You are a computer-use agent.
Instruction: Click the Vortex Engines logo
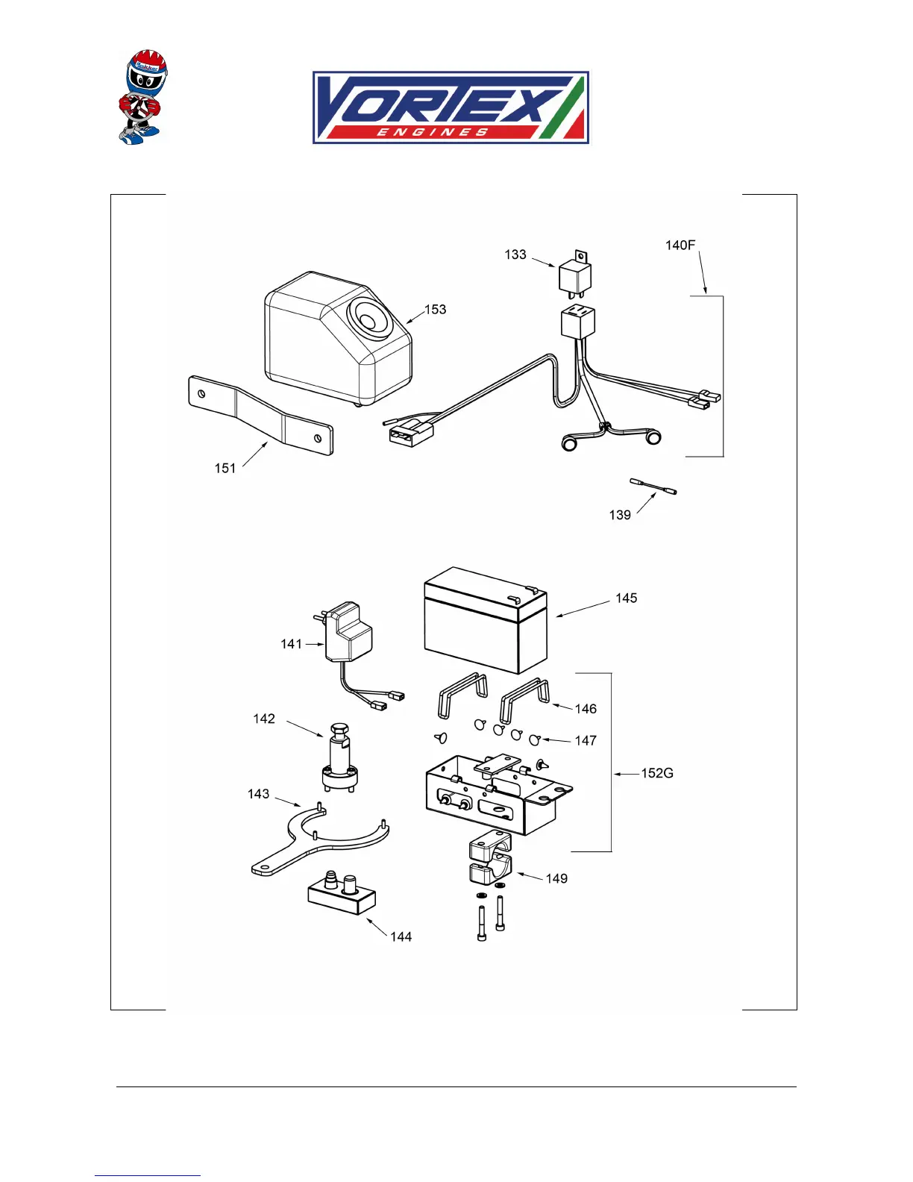[x=451, y=107]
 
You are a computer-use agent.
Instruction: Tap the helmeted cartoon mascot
[x=142, y=97]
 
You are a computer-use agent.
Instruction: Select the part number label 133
[x=515, y=255]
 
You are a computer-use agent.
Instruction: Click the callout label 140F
[x=680, y=246]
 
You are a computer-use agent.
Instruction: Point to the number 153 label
[x=436, y=310]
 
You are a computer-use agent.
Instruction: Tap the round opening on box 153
[x=368, y=319]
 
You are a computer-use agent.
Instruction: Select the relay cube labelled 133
[x=575, y=276]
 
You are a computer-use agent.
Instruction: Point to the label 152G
[x=657, y=774]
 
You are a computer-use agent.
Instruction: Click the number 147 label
[x=586, y=741]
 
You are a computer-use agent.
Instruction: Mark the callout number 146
[x=586, y=709]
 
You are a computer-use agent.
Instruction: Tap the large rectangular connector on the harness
[x=410, y=433]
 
